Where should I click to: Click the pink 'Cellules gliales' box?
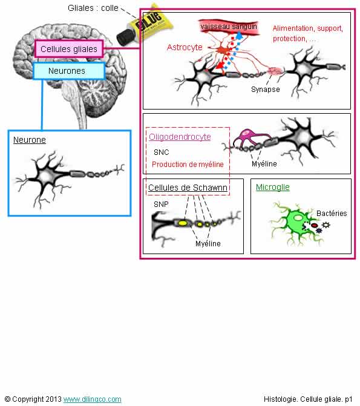[69, 48]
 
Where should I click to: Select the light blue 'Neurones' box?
[69, 71]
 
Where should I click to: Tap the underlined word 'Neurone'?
[30, 140]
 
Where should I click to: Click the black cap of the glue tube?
[125, 37]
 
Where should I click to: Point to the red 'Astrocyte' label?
[185, 47]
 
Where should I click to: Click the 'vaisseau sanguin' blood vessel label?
[229, 27]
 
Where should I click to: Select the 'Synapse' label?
[266, 90]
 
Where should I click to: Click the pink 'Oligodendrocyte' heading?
[180, 137]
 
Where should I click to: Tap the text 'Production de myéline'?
[188, 165]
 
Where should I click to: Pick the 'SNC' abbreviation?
[161, 152]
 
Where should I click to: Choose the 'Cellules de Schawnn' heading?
[188, 188]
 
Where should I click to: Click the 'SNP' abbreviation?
[161, 205]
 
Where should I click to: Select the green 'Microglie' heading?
[273, 187]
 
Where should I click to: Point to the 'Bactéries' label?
[332, 214]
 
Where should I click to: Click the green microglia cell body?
[298, 221]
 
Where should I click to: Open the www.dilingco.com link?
[92, 399]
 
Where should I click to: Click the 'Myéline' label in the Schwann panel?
[208, 243]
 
